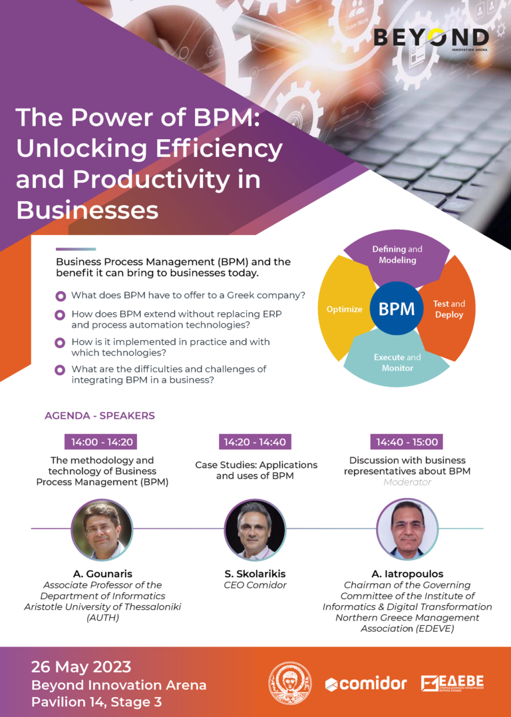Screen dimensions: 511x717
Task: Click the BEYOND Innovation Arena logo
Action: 431,39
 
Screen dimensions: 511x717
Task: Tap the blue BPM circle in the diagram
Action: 397,308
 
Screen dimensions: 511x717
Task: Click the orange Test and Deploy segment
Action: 447,308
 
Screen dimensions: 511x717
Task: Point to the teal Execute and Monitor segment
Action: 397,361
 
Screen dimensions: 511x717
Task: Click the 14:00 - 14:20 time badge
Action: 101,442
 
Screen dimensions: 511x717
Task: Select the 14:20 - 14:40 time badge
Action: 255,442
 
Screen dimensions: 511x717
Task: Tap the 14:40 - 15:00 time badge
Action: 407,442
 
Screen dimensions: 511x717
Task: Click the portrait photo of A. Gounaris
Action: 102,530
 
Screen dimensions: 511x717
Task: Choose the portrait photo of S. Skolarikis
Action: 255,530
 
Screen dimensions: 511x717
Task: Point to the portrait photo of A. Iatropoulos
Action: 407,530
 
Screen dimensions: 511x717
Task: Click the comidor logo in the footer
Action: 366,684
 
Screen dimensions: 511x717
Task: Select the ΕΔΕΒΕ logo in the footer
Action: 452,683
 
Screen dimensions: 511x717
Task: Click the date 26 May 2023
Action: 81,666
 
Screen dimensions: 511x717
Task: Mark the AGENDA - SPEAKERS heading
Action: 100,415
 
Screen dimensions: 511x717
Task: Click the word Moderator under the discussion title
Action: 407,482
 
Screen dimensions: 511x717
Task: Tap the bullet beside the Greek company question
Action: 60,296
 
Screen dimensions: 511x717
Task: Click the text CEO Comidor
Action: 255,585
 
